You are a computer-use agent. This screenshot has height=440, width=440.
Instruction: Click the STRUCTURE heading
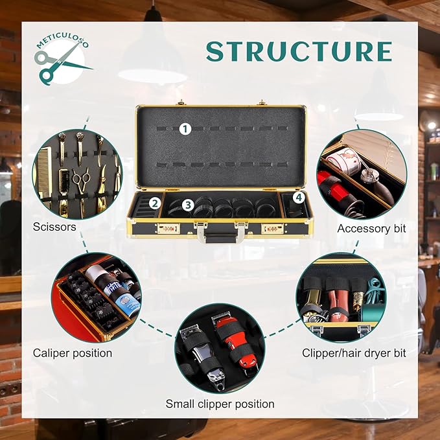click(x=299, y=51)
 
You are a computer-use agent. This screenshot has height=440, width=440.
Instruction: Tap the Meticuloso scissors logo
click(x=60, y=60)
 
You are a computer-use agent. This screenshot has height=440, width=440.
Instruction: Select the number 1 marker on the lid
click(x=185, y=129)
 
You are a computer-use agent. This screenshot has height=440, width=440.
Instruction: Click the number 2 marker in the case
click(x=155, y=203)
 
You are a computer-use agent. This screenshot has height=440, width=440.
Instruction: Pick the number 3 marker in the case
click(x=188, y=205)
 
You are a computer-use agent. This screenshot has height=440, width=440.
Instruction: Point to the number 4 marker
click(x=299, y=198)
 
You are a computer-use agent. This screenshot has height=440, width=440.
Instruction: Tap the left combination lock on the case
click(x=168, y=229)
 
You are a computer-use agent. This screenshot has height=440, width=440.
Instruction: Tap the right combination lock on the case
click(x=272, y=229)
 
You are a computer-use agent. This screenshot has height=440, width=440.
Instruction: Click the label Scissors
click(x=54, y=227)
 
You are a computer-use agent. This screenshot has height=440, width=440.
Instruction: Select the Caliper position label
click(x=73, y=353)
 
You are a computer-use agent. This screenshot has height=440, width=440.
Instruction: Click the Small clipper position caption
click(x=220, y=404)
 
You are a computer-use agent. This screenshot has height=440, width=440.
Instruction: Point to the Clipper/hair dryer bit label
click(x=354, y=353)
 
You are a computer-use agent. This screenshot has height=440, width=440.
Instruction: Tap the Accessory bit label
click(x=371, y=228)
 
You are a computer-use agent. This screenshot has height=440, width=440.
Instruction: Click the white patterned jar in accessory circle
click(x=343, y=161)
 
